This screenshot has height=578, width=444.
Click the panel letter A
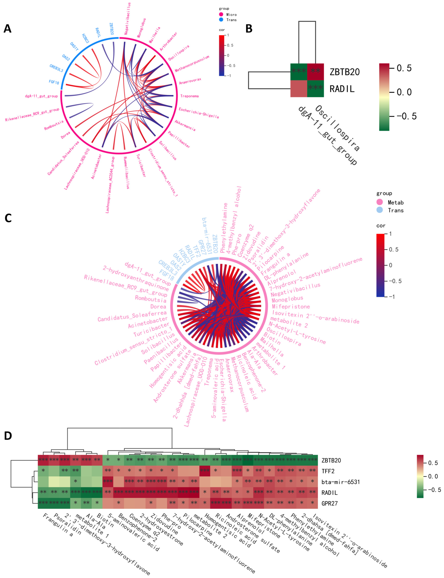pos(7,28)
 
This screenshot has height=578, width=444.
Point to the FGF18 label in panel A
pos(54,82)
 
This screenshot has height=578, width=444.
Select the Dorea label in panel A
pos(66,135)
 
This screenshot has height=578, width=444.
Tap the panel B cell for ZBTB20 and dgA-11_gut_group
pos(299,72)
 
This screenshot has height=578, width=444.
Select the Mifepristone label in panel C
pos(291,306)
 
